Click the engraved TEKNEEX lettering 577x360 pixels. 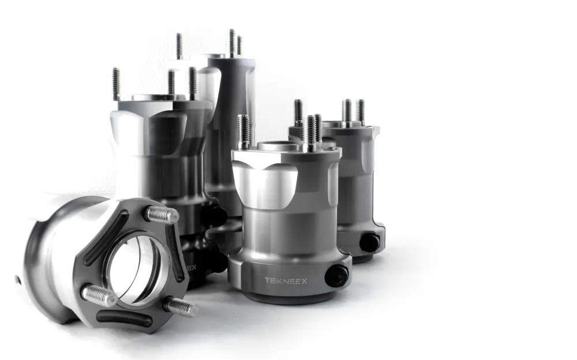(286, 281)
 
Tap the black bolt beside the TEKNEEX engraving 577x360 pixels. (337, 275)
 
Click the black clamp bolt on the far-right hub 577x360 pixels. (369, 242)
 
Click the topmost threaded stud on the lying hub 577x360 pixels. (162, 214)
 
